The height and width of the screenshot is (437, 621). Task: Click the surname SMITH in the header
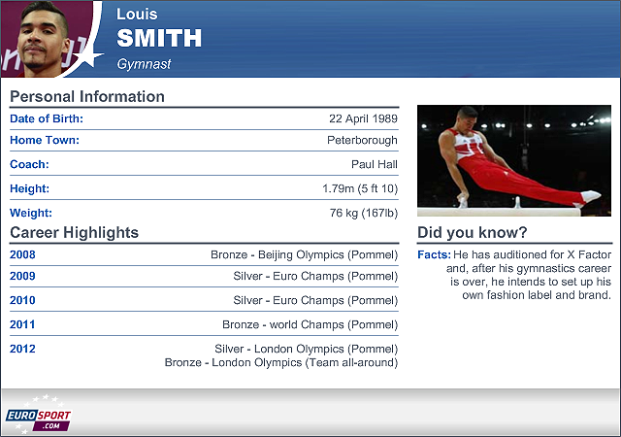(159, 38)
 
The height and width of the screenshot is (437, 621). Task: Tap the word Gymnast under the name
(144, 64)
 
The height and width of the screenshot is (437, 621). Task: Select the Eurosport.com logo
(38, 415)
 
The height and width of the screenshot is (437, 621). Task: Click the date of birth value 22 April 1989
(363, 118)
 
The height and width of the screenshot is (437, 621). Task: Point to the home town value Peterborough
(362, 141)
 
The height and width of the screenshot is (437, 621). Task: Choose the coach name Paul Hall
(375, 164)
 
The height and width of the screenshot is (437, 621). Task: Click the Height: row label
(30, 188)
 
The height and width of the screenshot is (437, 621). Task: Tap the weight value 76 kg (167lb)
(364, 213)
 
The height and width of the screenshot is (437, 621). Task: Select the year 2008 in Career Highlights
(22, 254)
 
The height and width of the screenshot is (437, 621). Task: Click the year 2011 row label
(22, 324)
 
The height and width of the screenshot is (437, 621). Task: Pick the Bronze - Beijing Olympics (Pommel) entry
(304, 254)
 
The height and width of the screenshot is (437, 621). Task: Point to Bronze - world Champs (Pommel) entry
(310, 324)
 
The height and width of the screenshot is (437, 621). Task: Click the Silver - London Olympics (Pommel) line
(307, 349)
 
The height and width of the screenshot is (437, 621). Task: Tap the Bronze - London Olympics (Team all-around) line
(281, 362)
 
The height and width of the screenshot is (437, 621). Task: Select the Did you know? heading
(473, 232)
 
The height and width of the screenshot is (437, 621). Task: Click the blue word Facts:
(434, 254)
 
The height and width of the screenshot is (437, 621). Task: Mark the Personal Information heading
(87, 96)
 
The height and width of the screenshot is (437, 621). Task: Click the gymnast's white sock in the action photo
(591, 196)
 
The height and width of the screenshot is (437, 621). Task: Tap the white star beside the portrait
(89, 55)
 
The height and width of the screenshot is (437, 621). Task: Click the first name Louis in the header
(137, 15)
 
